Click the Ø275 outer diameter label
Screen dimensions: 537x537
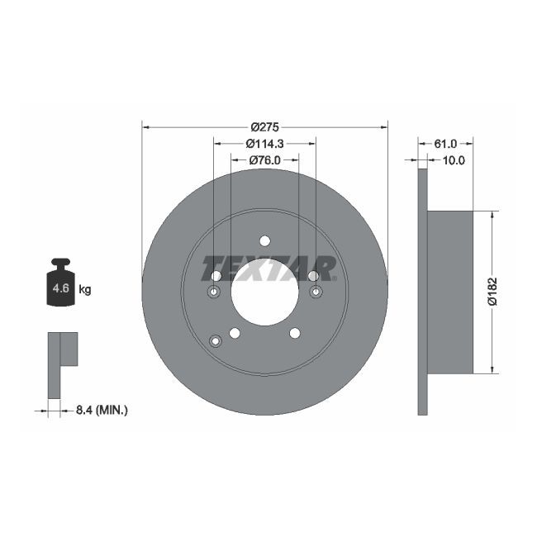pyautogui.click(x=264, y=127)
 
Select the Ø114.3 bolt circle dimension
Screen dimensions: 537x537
pyautogui.click(x=264, y=144)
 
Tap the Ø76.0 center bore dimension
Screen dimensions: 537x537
pyautogui.click(x=264, y=160)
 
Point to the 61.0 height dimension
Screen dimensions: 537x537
pyautogui.click(x=446, y=144)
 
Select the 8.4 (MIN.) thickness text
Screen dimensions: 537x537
pyautogui.click(x=102, y=409)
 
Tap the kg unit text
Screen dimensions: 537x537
pyautogui.click(x=84, y=290)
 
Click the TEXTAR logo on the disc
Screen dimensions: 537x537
pyautogui.click(x=269, y=268)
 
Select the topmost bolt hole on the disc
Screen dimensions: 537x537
pyautogui.click(x=264, y=241)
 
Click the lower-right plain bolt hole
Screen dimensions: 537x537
pyautogui.click(x=294, y=333)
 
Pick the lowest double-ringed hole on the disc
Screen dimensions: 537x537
pyautogui.click(x=216, y=341)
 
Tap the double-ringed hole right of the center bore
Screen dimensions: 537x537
pyautogui.click(x=316, y=292)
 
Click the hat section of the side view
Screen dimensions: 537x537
pyautogui.click(x=450, y=291)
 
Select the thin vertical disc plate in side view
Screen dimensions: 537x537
pyautogui.click(x=422, y=291)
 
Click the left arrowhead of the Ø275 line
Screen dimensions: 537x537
pyautogui.click(x=145, y=127)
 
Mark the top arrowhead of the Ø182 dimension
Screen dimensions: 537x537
pyautogui.click(x=494, y=214)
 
